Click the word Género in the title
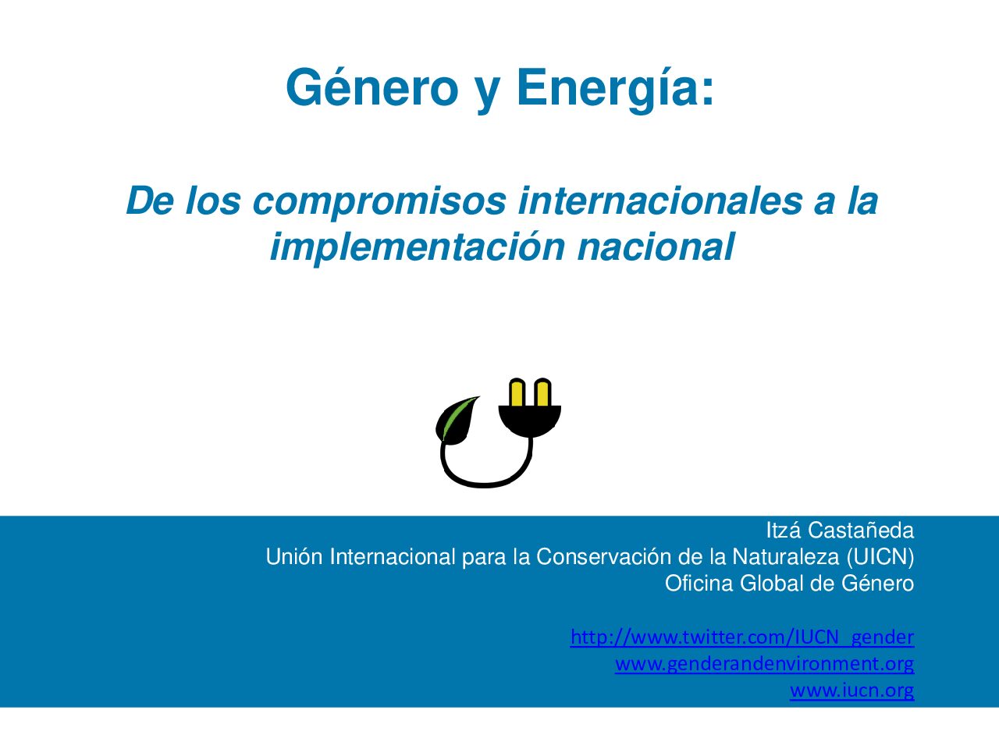372,87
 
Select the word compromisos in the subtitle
379,202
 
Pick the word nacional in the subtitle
656,247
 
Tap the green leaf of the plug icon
457,420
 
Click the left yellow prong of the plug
517,393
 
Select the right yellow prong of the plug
543,393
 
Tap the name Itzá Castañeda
840,531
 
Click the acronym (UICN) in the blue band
880,557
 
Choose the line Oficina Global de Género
790,584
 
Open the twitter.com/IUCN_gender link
742,637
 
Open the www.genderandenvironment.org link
765,664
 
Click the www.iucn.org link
852,690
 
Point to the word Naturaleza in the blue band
786,557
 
